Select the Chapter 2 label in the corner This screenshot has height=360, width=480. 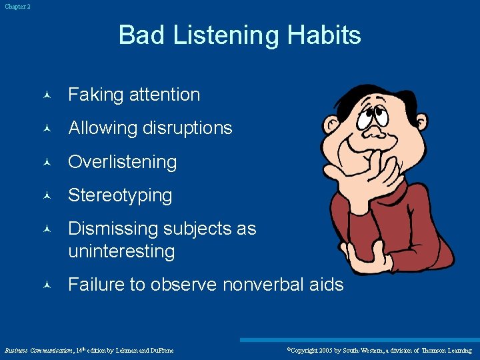click(x=17, y=7)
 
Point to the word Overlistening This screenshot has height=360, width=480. click(x=123, y=162)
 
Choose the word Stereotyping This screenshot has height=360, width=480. click(x=120, y=195)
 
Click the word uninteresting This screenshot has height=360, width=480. click(x=121, y=251)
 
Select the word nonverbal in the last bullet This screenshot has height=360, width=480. click(x=263, y=285)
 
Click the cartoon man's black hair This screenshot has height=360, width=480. click(x=373, y=93)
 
